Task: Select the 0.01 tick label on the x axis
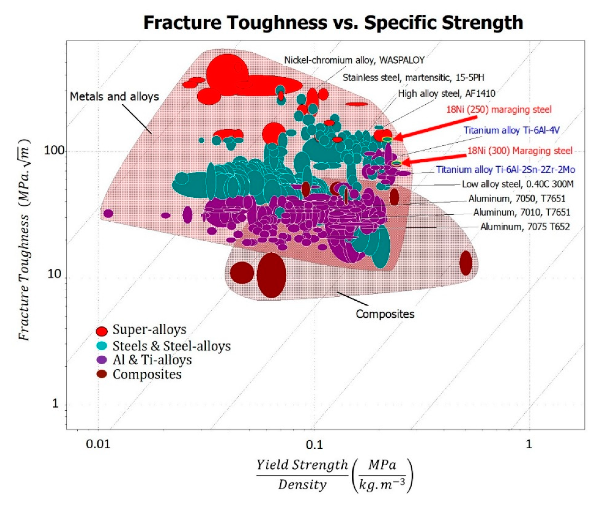[x=98, y=444]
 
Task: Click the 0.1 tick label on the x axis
[x=314, y=445]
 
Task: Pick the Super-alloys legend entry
[x=149, y=329]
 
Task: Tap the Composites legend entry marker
[x=102, y=374]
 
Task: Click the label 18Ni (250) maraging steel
[x=498, y=110]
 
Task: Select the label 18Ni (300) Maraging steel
[x=520, y=151]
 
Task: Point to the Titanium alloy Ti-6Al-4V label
[x=511, y=130]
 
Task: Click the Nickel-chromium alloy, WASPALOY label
[x=354, y=60]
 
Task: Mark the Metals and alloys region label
[x=114, y=97]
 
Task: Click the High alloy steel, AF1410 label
[x=446, y=94]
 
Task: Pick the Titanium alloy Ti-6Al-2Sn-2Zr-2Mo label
[x=506, y=170]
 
